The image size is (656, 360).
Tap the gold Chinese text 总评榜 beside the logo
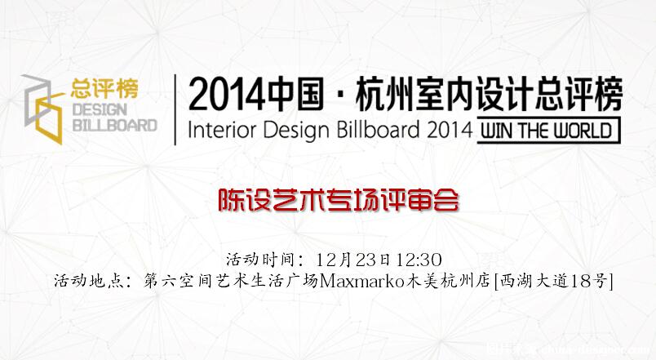tap(104, 88)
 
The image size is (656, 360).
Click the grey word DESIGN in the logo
tap(100, 109)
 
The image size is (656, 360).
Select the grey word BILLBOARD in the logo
tap(114, 125)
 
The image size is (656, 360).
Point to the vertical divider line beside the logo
tap(175, 109)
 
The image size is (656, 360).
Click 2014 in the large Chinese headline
tap(226, 95)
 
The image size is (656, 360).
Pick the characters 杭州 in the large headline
tap(384, 94)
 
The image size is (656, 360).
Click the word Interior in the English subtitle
tap(223, 130)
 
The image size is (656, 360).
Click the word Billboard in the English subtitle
tap(378, 130)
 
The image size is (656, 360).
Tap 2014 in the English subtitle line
tap(450, 130)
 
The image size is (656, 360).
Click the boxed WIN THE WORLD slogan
tap(548, 130)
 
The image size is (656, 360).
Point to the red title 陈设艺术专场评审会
tap(339, 201)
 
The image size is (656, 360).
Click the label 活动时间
tap(261, 260)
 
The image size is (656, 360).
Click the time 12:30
tap(419, 260)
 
